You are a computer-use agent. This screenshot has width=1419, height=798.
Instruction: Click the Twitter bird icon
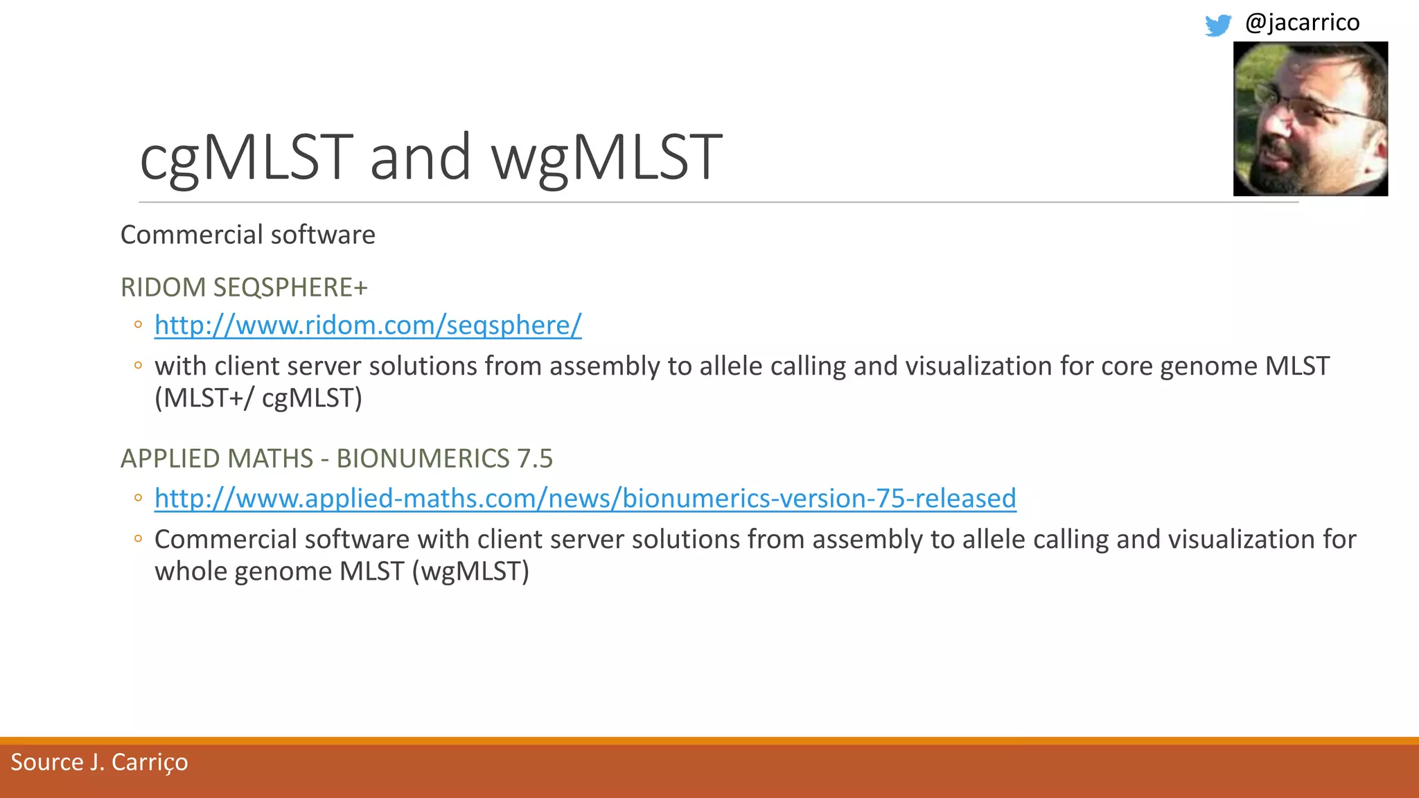pos(1217,25)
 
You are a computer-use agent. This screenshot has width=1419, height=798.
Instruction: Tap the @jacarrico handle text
pos(1302,22)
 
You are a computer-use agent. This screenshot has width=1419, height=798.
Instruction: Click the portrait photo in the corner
pos(1310,118)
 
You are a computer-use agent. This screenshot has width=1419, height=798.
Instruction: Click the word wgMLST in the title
pos(607,157)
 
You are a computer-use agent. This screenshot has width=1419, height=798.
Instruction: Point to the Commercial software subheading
pos(247,235)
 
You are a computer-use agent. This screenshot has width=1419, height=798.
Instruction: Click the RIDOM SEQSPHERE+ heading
pos(244,287)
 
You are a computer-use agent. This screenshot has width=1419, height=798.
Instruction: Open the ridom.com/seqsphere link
pos(368,325)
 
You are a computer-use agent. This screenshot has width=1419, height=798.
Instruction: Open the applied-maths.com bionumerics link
pos(585,498)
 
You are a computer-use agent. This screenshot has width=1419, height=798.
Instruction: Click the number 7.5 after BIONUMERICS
pos(534,459)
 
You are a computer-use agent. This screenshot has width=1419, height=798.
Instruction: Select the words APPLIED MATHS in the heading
pos(217,459)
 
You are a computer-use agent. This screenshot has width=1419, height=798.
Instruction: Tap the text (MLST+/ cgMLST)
pos(258,398)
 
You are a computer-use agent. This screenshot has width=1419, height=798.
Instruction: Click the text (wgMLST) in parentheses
pos(470,571)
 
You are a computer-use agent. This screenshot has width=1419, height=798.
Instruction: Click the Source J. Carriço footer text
pos(99,762)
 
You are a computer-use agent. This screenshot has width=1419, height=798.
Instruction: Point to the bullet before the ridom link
pos(139,325)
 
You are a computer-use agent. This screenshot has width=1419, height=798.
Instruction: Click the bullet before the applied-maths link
pos(139,498)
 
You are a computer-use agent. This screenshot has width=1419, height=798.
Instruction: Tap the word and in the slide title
pos(420,157)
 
